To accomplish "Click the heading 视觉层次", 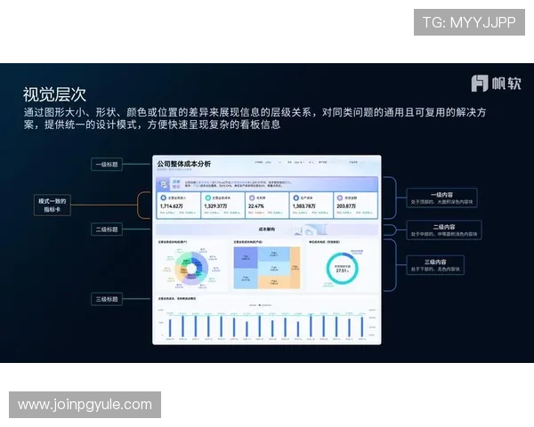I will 54,93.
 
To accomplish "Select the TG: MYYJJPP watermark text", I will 468,22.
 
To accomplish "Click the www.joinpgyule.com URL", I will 85,405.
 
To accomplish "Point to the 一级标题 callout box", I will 108,165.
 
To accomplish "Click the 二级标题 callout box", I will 108,230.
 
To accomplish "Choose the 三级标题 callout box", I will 108,300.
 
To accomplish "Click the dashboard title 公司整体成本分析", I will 184,165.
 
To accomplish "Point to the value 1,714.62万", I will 172,206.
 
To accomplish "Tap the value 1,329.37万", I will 216,206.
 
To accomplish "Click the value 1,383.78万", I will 303,206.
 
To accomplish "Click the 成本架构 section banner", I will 266,229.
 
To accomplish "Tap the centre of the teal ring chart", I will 341,268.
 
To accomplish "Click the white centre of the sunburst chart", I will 190,268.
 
